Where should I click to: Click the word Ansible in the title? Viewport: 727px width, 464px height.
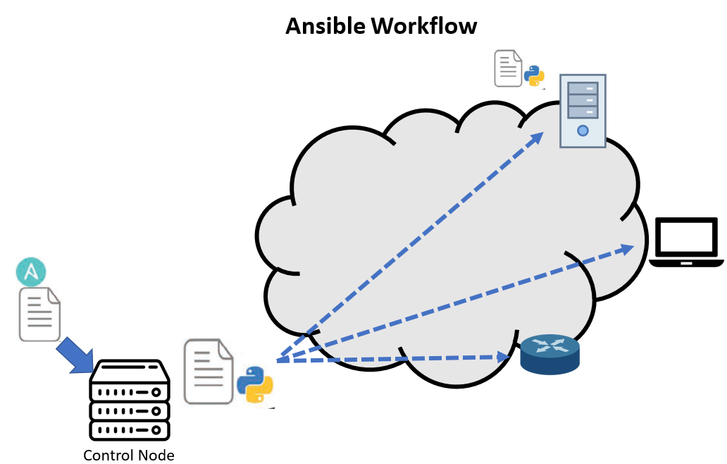click(325, 25)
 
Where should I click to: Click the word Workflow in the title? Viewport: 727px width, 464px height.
click(424, 25)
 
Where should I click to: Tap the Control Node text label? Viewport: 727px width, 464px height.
click(128, 454)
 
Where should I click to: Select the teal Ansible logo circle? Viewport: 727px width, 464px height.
click(31, 271)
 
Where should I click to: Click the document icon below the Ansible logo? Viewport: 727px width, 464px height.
click(39, 315)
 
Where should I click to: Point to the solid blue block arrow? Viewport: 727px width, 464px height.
click(75, 354)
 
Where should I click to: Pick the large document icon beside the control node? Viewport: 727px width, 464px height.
click(209, 372)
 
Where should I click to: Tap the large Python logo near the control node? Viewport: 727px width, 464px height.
click(254, 385)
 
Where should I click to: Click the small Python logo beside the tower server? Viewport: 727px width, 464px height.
click(534, 75)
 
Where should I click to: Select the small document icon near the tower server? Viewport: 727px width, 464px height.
click(508, 68)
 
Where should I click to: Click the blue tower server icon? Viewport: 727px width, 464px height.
click(582, 111)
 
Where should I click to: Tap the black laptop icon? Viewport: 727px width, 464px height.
click(686, 242)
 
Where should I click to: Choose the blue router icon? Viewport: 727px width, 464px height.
click(549, 355)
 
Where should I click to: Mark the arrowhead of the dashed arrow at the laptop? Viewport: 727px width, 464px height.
click(626, 248)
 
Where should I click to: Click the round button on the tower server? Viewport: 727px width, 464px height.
click(582, 130)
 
